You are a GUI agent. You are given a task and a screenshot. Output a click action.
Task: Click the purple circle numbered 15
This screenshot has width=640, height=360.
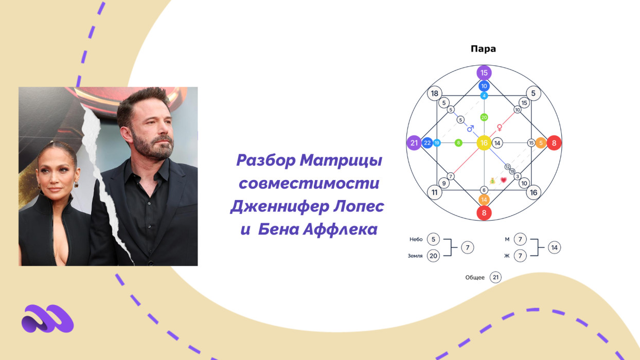pyautogui.click(x=484, y=73)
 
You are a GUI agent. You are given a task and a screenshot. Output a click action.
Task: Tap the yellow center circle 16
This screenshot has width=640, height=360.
pyautogui.click(x=484, y=143)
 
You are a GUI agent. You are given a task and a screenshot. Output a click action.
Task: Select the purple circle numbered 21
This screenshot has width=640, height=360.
pyautogui.click(x=414, y=143)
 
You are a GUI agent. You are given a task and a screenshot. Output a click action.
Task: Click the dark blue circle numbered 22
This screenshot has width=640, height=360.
pyautogui.click(x=427, y=143)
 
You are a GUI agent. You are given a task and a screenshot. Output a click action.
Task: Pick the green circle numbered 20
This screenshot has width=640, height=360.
pyautogui.click(x=484, y=117)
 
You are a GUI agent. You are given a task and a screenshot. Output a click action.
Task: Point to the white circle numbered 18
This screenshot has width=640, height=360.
pyautogui.click(x=435, y=94)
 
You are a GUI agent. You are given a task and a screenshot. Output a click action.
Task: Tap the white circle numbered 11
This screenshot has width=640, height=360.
pyautogui.click(x=435, y=192)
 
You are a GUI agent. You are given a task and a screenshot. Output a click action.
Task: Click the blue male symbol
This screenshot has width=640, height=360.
pyautogui.click(x=470, y=129)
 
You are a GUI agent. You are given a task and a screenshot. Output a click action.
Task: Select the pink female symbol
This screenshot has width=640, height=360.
pyautogui.click(x=500, y=127)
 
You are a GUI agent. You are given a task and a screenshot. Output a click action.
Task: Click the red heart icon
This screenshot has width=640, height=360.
pyautogui.click(x=504, y=180)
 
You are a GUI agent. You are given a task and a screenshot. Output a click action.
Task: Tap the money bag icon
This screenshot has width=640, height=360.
pyautogui.click(x=492, y=181)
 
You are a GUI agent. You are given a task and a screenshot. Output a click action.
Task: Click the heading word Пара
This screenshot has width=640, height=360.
pyautogui.click(x=483, y=49)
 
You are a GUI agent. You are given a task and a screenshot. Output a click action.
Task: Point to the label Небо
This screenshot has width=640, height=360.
pyautogui.click(x=416, y=240)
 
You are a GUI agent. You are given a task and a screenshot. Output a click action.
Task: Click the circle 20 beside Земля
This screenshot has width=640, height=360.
pyautogui.click(x=433, y=256)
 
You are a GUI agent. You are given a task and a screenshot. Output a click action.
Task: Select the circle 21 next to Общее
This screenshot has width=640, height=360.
pyautogui.click(x=495, y=277)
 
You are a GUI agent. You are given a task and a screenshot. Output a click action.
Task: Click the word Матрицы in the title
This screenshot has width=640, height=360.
pyautogui.click(x=341, y=160)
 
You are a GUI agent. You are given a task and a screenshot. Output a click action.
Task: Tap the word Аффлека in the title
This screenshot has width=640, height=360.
pyautogui.click(x=340, y=229)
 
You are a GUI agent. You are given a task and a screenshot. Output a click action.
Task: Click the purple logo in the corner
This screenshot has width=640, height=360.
pyautogui.click(x=47, y=318)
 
